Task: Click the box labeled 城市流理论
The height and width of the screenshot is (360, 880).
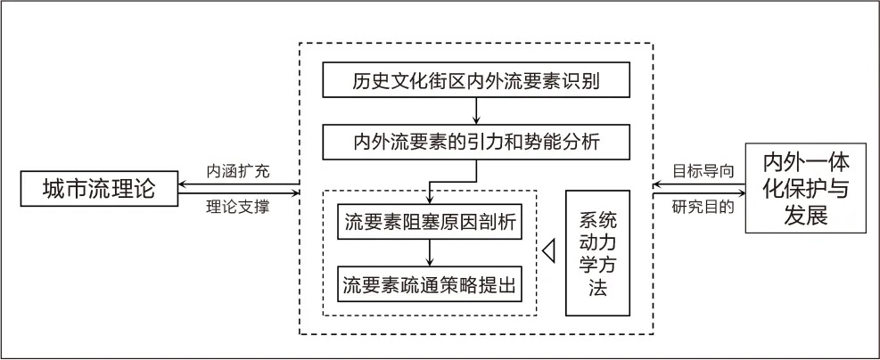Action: (98, 189)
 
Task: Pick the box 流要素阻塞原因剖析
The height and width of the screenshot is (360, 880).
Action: (429, 223)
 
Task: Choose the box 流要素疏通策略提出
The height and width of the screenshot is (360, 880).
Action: (429, 285)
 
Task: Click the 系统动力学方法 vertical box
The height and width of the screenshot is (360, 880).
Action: (597, 253)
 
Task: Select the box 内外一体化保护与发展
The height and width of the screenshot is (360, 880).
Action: (805, 189)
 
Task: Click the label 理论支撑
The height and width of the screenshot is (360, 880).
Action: (237, 208)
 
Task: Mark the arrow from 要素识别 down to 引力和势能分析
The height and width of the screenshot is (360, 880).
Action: (476, 110)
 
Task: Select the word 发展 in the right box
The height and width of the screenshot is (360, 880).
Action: (805, 216)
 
